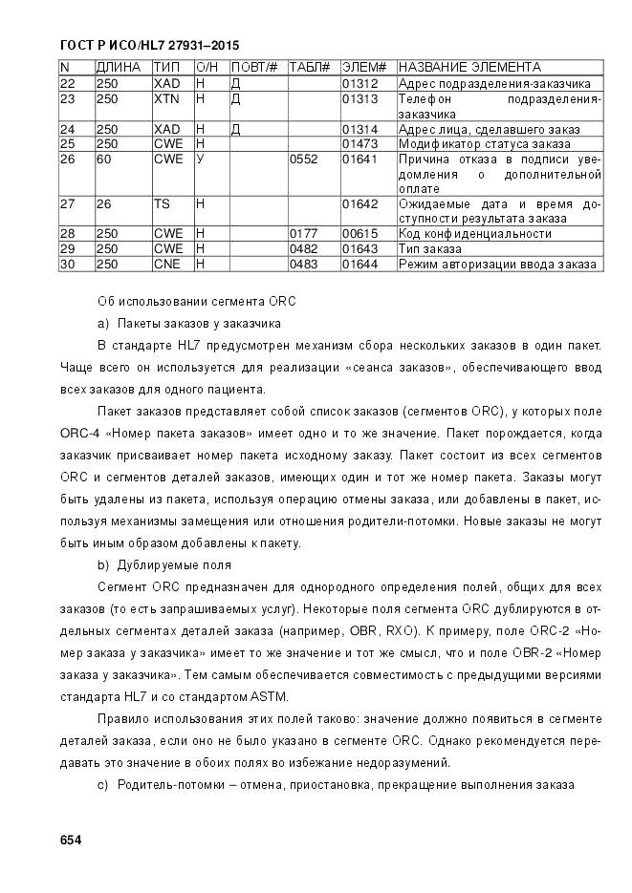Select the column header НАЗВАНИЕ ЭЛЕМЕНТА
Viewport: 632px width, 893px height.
coord(469,68)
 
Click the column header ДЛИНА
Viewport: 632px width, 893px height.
coord(119,68)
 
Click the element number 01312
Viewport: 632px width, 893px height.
coord(360,84)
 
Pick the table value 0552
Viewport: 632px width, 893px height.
coord(302,159)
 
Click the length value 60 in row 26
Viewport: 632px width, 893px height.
coord(103,159)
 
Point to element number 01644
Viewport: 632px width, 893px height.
coord(360,264)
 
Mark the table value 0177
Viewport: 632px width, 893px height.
coord(302,234)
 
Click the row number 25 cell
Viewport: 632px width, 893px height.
coord(68,144)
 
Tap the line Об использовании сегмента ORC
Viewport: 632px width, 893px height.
coord(196,301)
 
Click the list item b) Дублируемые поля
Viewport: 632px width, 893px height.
coord(163,564)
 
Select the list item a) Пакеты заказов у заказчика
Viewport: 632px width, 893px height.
coord(188,323)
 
